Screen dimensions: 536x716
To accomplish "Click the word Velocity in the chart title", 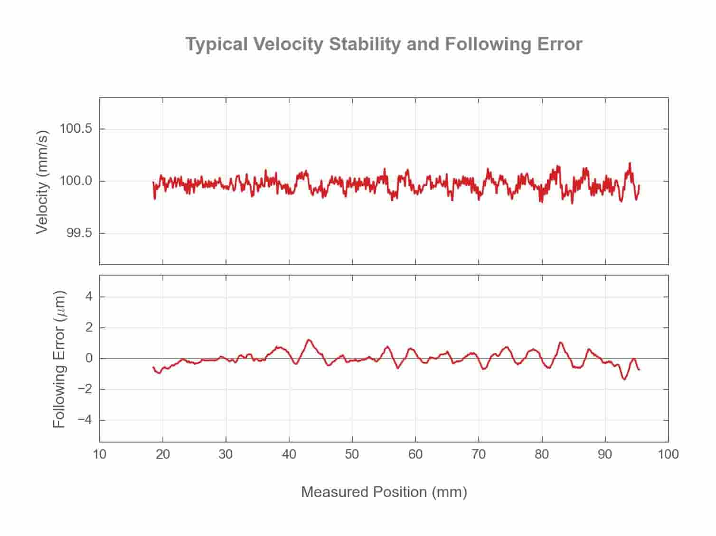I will pyautogui.click(x=288, y=44).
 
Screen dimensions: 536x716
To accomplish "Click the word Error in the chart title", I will pyautogui.click(x=559, y=44).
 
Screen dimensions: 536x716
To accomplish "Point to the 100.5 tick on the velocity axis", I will pyautogui.click(x=75, y=129).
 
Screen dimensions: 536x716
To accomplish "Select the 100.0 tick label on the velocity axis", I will pyautogui.click(x=75, y=181).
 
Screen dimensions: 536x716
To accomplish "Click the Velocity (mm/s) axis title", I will pyautogui.click(x=42, y=182).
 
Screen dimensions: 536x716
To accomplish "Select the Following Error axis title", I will pyautogui.click(x=59, y=359).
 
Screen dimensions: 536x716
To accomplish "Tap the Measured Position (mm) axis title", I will pyautogui.click(x=384, y=492).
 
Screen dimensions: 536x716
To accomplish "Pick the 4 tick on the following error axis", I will pyautogui.click(x=89, y=297).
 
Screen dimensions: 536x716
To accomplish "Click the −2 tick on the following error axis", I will pyautogui.click(x=85, y=389).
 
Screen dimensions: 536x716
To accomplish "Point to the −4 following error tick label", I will pyautogui.click(x=85, y=420).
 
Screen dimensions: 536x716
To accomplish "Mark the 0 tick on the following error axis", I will pyautogui.click(x=89, y=359).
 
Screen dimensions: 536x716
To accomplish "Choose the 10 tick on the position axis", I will pyautogui.click(x=99, y=454).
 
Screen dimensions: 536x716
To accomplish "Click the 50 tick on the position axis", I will pyautogui.click(x=352, y=454).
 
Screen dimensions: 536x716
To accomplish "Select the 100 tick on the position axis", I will pyautogui.click(x=668, y=454).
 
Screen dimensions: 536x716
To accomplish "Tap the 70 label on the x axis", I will pyautogui.click(x=478, y=454).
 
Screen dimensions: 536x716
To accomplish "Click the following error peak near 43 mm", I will pyautogui.click(x=309, y=340).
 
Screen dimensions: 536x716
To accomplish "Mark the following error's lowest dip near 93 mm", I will pyautogui.click(x=624, y=379).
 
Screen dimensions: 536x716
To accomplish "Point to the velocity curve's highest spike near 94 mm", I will pyautogui.click(x=630, y=163).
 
